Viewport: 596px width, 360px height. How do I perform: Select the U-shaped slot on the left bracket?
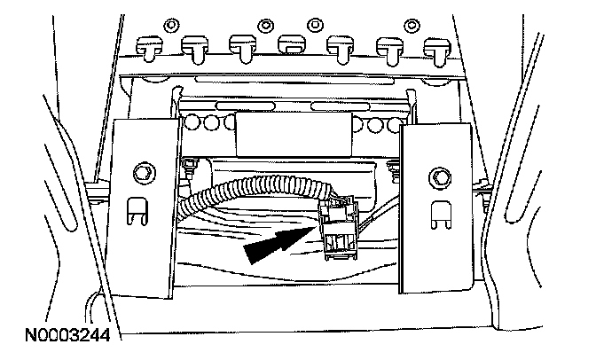(x=133, y=210)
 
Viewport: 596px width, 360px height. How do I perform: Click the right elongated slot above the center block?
(x=330, y=106)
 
